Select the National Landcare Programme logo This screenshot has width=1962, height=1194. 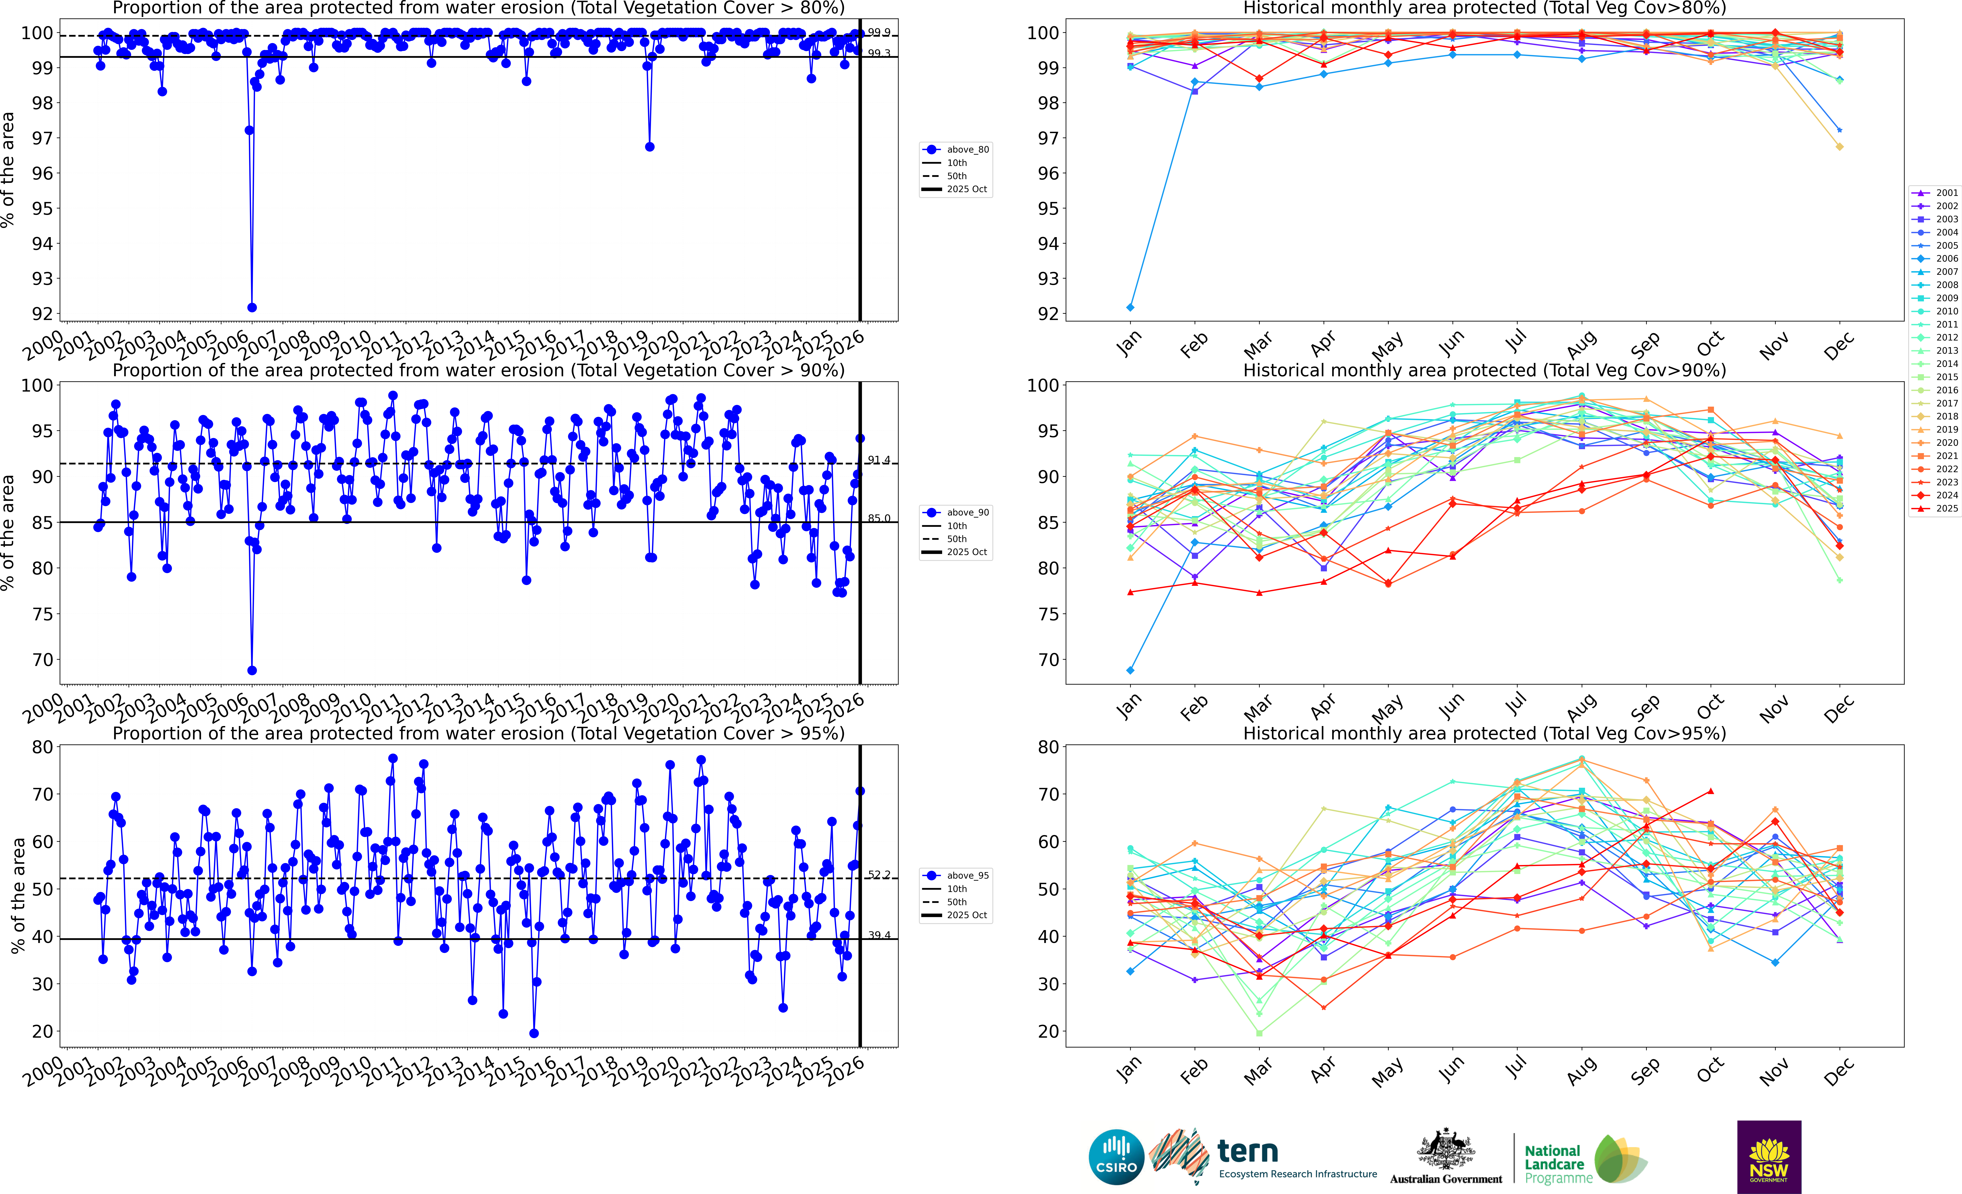[1585, 1159]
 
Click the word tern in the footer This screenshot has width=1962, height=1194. [1248, 1151]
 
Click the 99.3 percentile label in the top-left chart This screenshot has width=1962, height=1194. [879, 53]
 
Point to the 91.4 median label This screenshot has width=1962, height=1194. [879, 460]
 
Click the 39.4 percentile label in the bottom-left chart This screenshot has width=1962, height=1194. [879, 935]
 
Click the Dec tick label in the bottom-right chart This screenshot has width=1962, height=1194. [1838, 1071]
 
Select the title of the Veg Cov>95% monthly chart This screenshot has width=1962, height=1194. [1484, 733]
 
